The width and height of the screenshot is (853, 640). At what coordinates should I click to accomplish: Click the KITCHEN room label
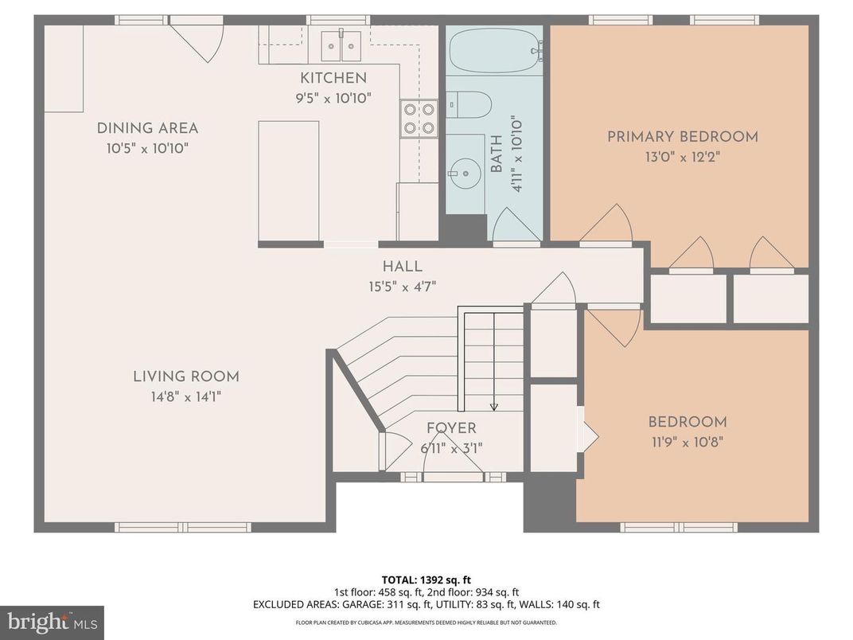pyautogui.click(x=333, y=78)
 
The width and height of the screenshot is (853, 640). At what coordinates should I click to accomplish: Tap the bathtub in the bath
pyautogui.click(x=493, y=52)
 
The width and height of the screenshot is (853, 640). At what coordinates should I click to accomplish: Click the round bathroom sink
pyautogui.click(x=465, y=174)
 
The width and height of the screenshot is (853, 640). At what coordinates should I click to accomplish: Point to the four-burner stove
pyautogui.click(x=419, y=119)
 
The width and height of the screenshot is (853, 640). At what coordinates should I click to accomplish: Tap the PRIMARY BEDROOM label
pyautogui.click(x=682, y=137)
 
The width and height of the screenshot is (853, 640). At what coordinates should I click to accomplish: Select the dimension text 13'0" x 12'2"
pyautogui.click(x=682, y=157)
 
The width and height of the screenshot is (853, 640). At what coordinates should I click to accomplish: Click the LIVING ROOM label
pyautogui.click(x=185, y=377)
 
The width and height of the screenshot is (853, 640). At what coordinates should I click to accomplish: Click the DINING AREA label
pyautogui.click(x=147, y=128)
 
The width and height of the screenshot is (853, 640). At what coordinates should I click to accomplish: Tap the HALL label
pyautogui.click(x=402, y=267)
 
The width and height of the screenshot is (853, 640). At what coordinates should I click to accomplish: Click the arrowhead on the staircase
pyautogui.click(x=494, y=407)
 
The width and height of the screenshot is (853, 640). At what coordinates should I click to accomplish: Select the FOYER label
pyautogui.click(x=451, y=428)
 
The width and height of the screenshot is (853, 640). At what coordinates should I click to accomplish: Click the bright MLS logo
pyautogui.click(x=52, y=622)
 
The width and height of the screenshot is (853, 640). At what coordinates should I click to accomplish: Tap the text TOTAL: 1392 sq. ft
pyautogui.click(x=426, y=580)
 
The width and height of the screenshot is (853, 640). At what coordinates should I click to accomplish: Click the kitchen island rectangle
pyautogui.click(x=288, y=181)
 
